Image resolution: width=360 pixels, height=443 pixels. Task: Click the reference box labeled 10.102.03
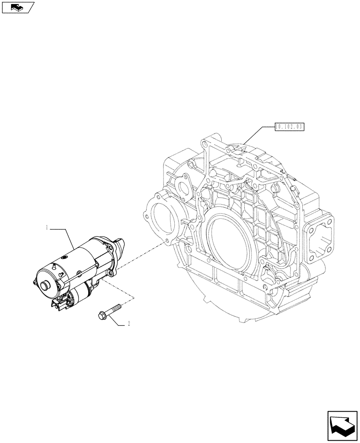point(290,127)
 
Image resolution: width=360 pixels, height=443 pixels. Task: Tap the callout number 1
point(47,228)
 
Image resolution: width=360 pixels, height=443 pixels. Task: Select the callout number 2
point(129,324)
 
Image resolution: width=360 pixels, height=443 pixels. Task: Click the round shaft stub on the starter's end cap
point(45,286)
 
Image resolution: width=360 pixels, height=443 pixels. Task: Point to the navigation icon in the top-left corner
point(18,7)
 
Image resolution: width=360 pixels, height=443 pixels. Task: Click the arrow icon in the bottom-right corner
point(342,425)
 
